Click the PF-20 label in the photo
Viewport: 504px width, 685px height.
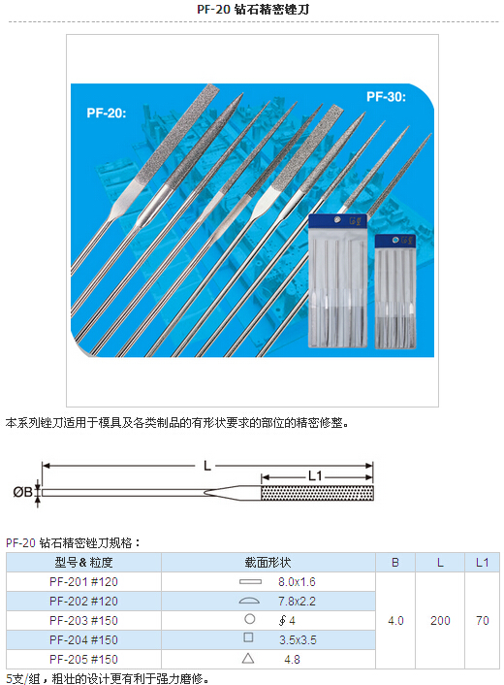pyautogui.click(x=107, y=114)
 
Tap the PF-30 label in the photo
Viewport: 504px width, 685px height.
pyautogui.click(x=386, y=97)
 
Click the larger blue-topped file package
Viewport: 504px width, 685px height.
pyautogui.click(x=337, y=281)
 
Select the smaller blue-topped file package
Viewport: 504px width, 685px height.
pyautogui.click(x=395, y=291)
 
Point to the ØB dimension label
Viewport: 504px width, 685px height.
pyautogui.click(x=22, y=492)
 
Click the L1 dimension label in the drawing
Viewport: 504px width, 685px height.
pyautogui.click(x=315, y=475)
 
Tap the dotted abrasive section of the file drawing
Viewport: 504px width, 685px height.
pyautogui.click(x=317, y=493)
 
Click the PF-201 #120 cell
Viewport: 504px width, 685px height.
pyautogui.click(x=83, y=582)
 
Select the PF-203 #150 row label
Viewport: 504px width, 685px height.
pyautogui.click(x=83, y=621)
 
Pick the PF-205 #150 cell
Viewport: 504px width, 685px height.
pyautogui.click(x=83, y=659)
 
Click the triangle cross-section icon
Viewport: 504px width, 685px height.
pyautogui.click(x=248, y=659)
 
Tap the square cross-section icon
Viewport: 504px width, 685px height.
pyautogui.click(x=248, y=637)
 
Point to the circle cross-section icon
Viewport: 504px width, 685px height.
pyautogui.click(x=250, y=619)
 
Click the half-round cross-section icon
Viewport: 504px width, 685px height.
pyautogui.click(x=249, y=601)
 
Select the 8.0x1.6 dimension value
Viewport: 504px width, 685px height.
pyautogui.click(x=297, y=582)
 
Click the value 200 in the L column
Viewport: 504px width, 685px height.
pyautogui.click(x=440, y=621)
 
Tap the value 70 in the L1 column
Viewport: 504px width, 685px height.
pyautogui.click(x=482, y=621)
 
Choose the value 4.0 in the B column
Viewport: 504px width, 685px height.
pyautogui.click(x=395, y=621)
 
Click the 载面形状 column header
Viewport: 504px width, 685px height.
pyautogui.click(x=268, y=563)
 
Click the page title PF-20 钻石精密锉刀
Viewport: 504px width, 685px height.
pyautogui.click(x=253, y=9)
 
